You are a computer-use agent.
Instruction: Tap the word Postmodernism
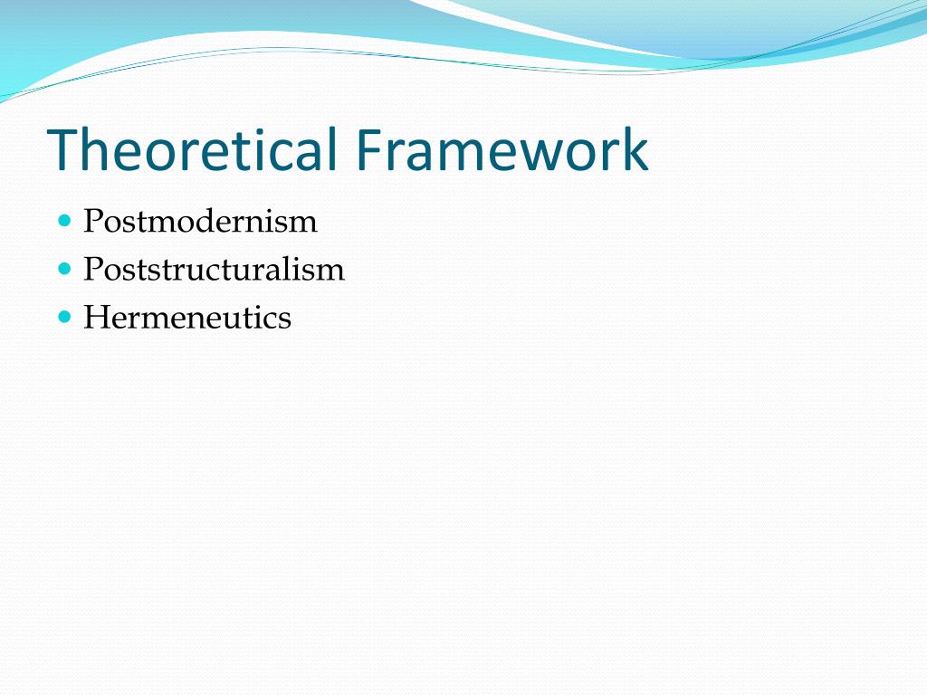click(x=200, y=222)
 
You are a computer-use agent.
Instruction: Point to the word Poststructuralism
click(x=214, y=270)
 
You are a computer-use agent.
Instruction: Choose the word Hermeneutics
click(x=187, y=318)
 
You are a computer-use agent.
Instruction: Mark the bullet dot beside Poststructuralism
click(x=63, y=269)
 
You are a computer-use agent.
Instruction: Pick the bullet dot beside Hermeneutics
click(x=63, y=317)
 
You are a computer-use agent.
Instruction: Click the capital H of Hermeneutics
click(x=94, y=318)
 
